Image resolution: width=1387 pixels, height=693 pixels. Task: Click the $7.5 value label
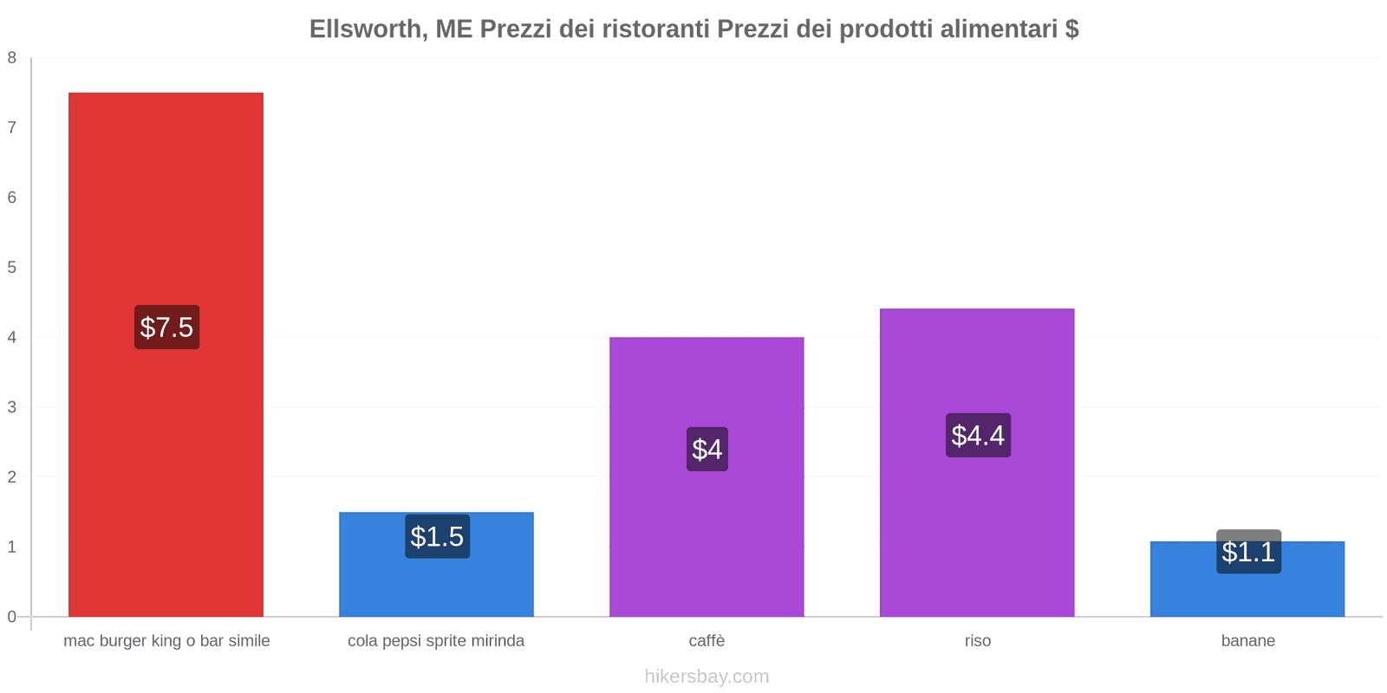pos(166,327)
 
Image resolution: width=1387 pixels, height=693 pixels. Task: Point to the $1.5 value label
pos(437,537)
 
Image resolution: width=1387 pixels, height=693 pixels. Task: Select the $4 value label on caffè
pos(707,449)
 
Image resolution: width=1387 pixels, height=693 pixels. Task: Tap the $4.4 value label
pos(978,435)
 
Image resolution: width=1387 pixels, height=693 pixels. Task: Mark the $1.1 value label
pos(1248,552)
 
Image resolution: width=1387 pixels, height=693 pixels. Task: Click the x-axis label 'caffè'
pos(707,641)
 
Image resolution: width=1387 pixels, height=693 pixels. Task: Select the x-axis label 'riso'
pos(978,641)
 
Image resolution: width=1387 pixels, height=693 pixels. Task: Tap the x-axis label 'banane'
pos(1248,641)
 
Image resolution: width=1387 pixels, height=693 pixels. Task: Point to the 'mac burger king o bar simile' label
pos(166,641)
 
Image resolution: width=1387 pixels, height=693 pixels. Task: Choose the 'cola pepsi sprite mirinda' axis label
pos(436,641)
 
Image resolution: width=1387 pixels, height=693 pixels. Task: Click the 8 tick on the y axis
pos(12,58)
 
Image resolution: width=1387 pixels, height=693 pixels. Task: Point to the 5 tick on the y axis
pos(12,268)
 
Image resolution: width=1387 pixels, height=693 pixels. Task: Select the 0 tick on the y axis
pos(12,617)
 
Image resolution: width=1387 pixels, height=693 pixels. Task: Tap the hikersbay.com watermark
pos(707,677)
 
